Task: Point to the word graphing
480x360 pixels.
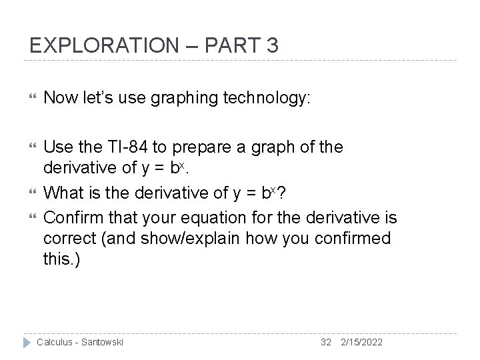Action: point(185,99)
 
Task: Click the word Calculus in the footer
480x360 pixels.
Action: point(56,342)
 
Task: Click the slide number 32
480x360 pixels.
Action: point(326,342)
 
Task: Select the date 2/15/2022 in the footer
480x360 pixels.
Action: point(362,342)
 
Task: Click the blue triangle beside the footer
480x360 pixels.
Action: point(27,342)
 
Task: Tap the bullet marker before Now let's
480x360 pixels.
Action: point(27,99)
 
